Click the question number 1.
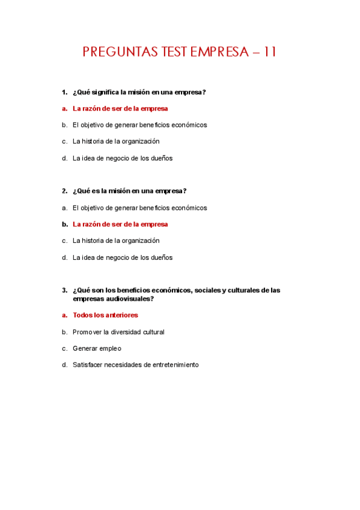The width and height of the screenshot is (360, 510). pyautogui.click(x=64, y=92)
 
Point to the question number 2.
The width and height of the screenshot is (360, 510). pyautogui.click(x=64, y=191)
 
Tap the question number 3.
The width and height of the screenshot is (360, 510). pyautogui.click(x=64, y=290)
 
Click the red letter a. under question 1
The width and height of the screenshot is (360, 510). pyautogui.click(x=64, y=109)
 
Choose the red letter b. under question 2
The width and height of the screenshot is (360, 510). pyautogui.click(x=64, y=224)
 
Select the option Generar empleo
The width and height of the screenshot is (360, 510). pyautogui.click(x=97, y=348)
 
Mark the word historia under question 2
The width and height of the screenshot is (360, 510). pyautogui.click(x=95, y=241)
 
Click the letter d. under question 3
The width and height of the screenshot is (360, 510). pyautogui.click(x=64, y=364)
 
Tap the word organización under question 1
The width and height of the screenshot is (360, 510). pyautogui.click(x=139, y=141)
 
